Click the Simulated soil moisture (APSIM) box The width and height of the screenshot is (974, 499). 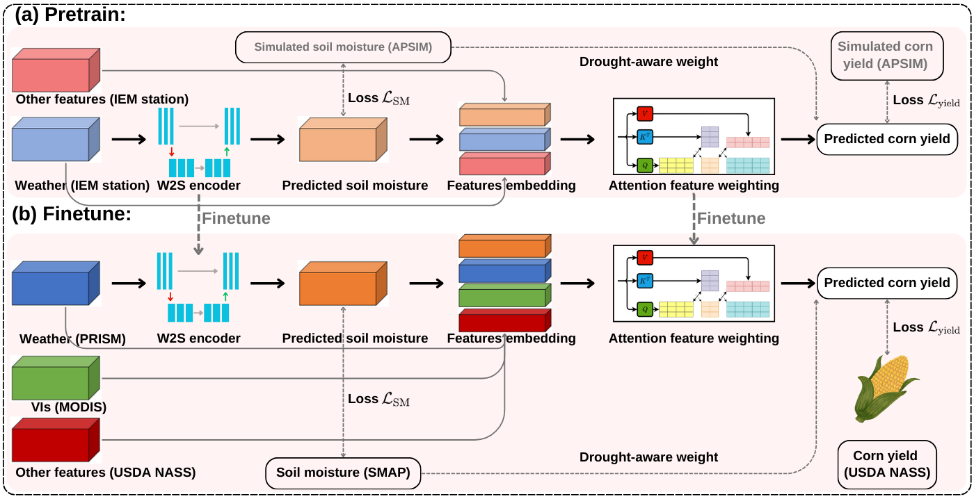click(343, 47)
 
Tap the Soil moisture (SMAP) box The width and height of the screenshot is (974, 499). click(343, 473)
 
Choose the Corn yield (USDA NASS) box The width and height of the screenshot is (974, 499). click(886, 464)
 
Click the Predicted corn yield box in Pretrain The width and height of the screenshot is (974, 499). click(886, 139)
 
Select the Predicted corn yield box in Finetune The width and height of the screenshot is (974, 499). click(886, 283)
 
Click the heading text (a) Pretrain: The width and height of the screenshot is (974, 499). click(70, 14)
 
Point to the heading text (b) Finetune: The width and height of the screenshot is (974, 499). click(72, 214)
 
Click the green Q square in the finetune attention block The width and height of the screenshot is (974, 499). click(644, 309)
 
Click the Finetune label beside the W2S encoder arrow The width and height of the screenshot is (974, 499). click(236, 218)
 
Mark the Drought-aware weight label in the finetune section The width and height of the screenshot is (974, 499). click(648, 457)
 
